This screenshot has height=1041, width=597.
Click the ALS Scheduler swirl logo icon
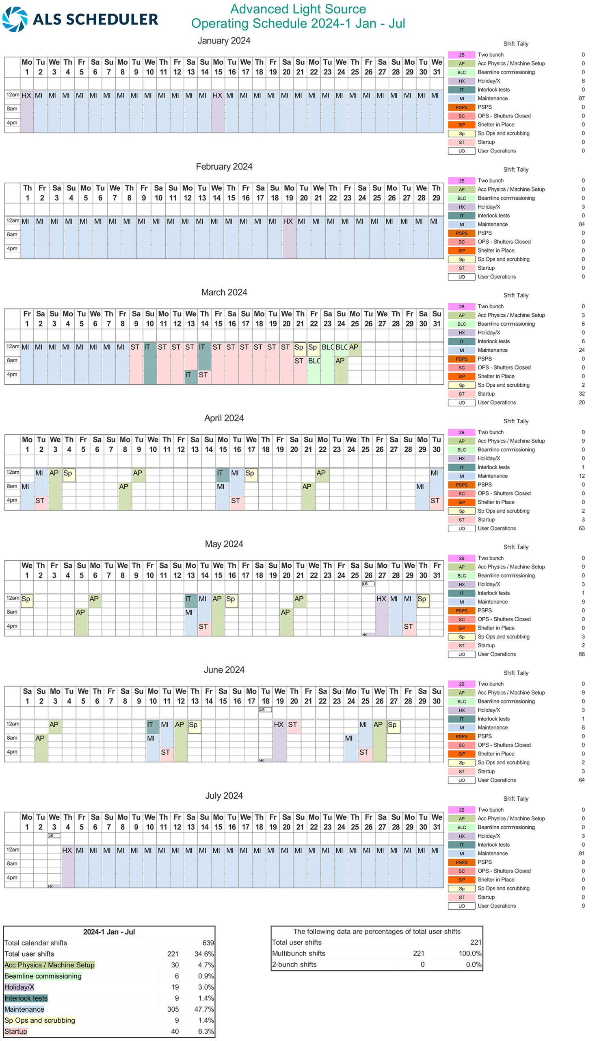coord(15,19)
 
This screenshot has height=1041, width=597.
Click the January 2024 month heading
coord(224,41)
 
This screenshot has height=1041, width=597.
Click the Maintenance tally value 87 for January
coord(582,98)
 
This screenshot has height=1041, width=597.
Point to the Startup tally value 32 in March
coord(582,394)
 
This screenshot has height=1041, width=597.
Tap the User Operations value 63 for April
coord(582,529)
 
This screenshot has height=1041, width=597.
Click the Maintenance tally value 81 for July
coord(582,854)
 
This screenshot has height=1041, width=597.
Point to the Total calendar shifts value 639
coord(208,943)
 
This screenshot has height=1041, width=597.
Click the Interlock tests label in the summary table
coord(26,998)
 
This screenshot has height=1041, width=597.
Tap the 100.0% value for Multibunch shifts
coord(470,954)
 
